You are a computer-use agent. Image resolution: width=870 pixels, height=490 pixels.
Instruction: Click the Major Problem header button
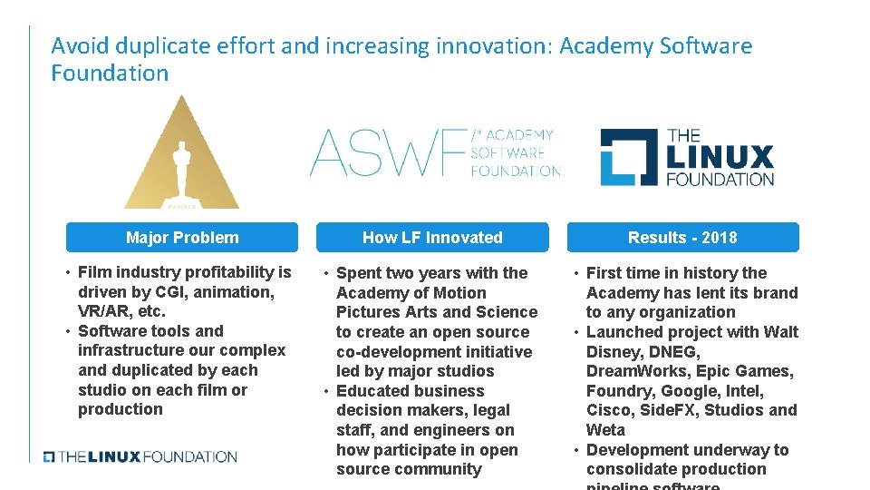182,238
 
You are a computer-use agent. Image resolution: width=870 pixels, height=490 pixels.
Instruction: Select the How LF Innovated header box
432,238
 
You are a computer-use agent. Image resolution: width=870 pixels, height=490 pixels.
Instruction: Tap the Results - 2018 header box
682,238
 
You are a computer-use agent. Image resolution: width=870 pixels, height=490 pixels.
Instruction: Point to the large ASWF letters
388,152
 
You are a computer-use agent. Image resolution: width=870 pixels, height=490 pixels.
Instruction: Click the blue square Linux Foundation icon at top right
629,157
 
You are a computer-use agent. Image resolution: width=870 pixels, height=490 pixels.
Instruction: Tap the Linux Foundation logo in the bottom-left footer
140,456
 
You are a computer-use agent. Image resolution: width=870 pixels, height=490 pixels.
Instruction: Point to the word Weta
605,430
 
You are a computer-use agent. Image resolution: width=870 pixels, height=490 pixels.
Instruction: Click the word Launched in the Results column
623,332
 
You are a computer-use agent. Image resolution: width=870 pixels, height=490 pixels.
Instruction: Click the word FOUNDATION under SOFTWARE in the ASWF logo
516,171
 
